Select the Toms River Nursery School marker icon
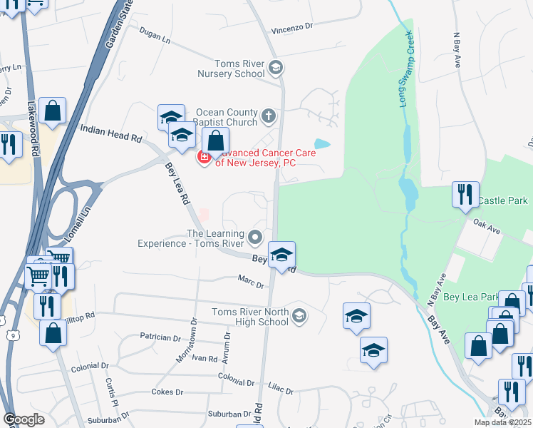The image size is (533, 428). point(276,68)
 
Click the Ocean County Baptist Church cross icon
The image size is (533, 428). point(269,116)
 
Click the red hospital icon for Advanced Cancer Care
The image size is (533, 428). point(204,157)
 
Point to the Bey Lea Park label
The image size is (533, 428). point(471,297)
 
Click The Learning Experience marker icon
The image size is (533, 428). point(255,236)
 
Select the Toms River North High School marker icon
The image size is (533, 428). point(300,315)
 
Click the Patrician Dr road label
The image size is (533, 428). point(160,337)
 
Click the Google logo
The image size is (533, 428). point(24,419)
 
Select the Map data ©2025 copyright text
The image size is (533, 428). point(502,422)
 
